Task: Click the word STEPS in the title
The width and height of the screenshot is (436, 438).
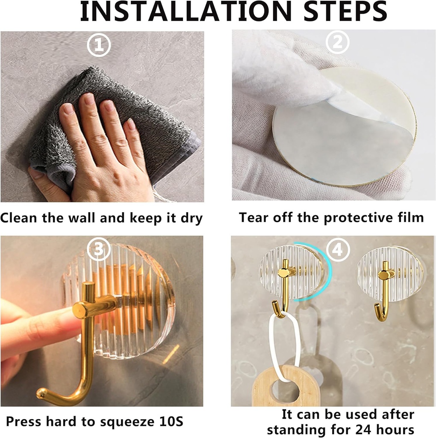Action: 345,11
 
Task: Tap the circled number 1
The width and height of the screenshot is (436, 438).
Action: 99,45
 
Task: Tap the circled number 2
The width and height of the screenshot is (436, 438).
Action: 338,42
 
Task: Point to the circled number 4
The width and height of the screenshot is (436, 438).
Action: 338,249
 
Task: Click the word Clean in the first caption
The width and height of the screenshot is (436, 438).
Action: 19,218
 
